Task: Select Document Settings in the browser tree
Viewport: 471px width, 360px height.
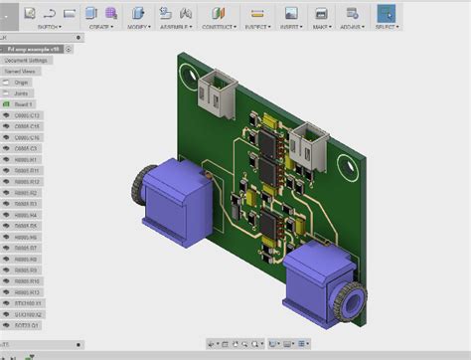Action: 30,60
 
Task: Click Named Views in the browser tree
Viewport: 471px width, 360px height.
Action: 24,72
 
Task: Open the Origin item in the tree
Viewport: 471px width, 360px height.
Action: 23,83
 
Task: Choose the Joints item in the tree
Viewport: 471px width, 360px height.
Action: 23,93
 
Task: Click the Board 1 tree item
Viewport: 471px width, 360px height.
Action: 25,104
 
